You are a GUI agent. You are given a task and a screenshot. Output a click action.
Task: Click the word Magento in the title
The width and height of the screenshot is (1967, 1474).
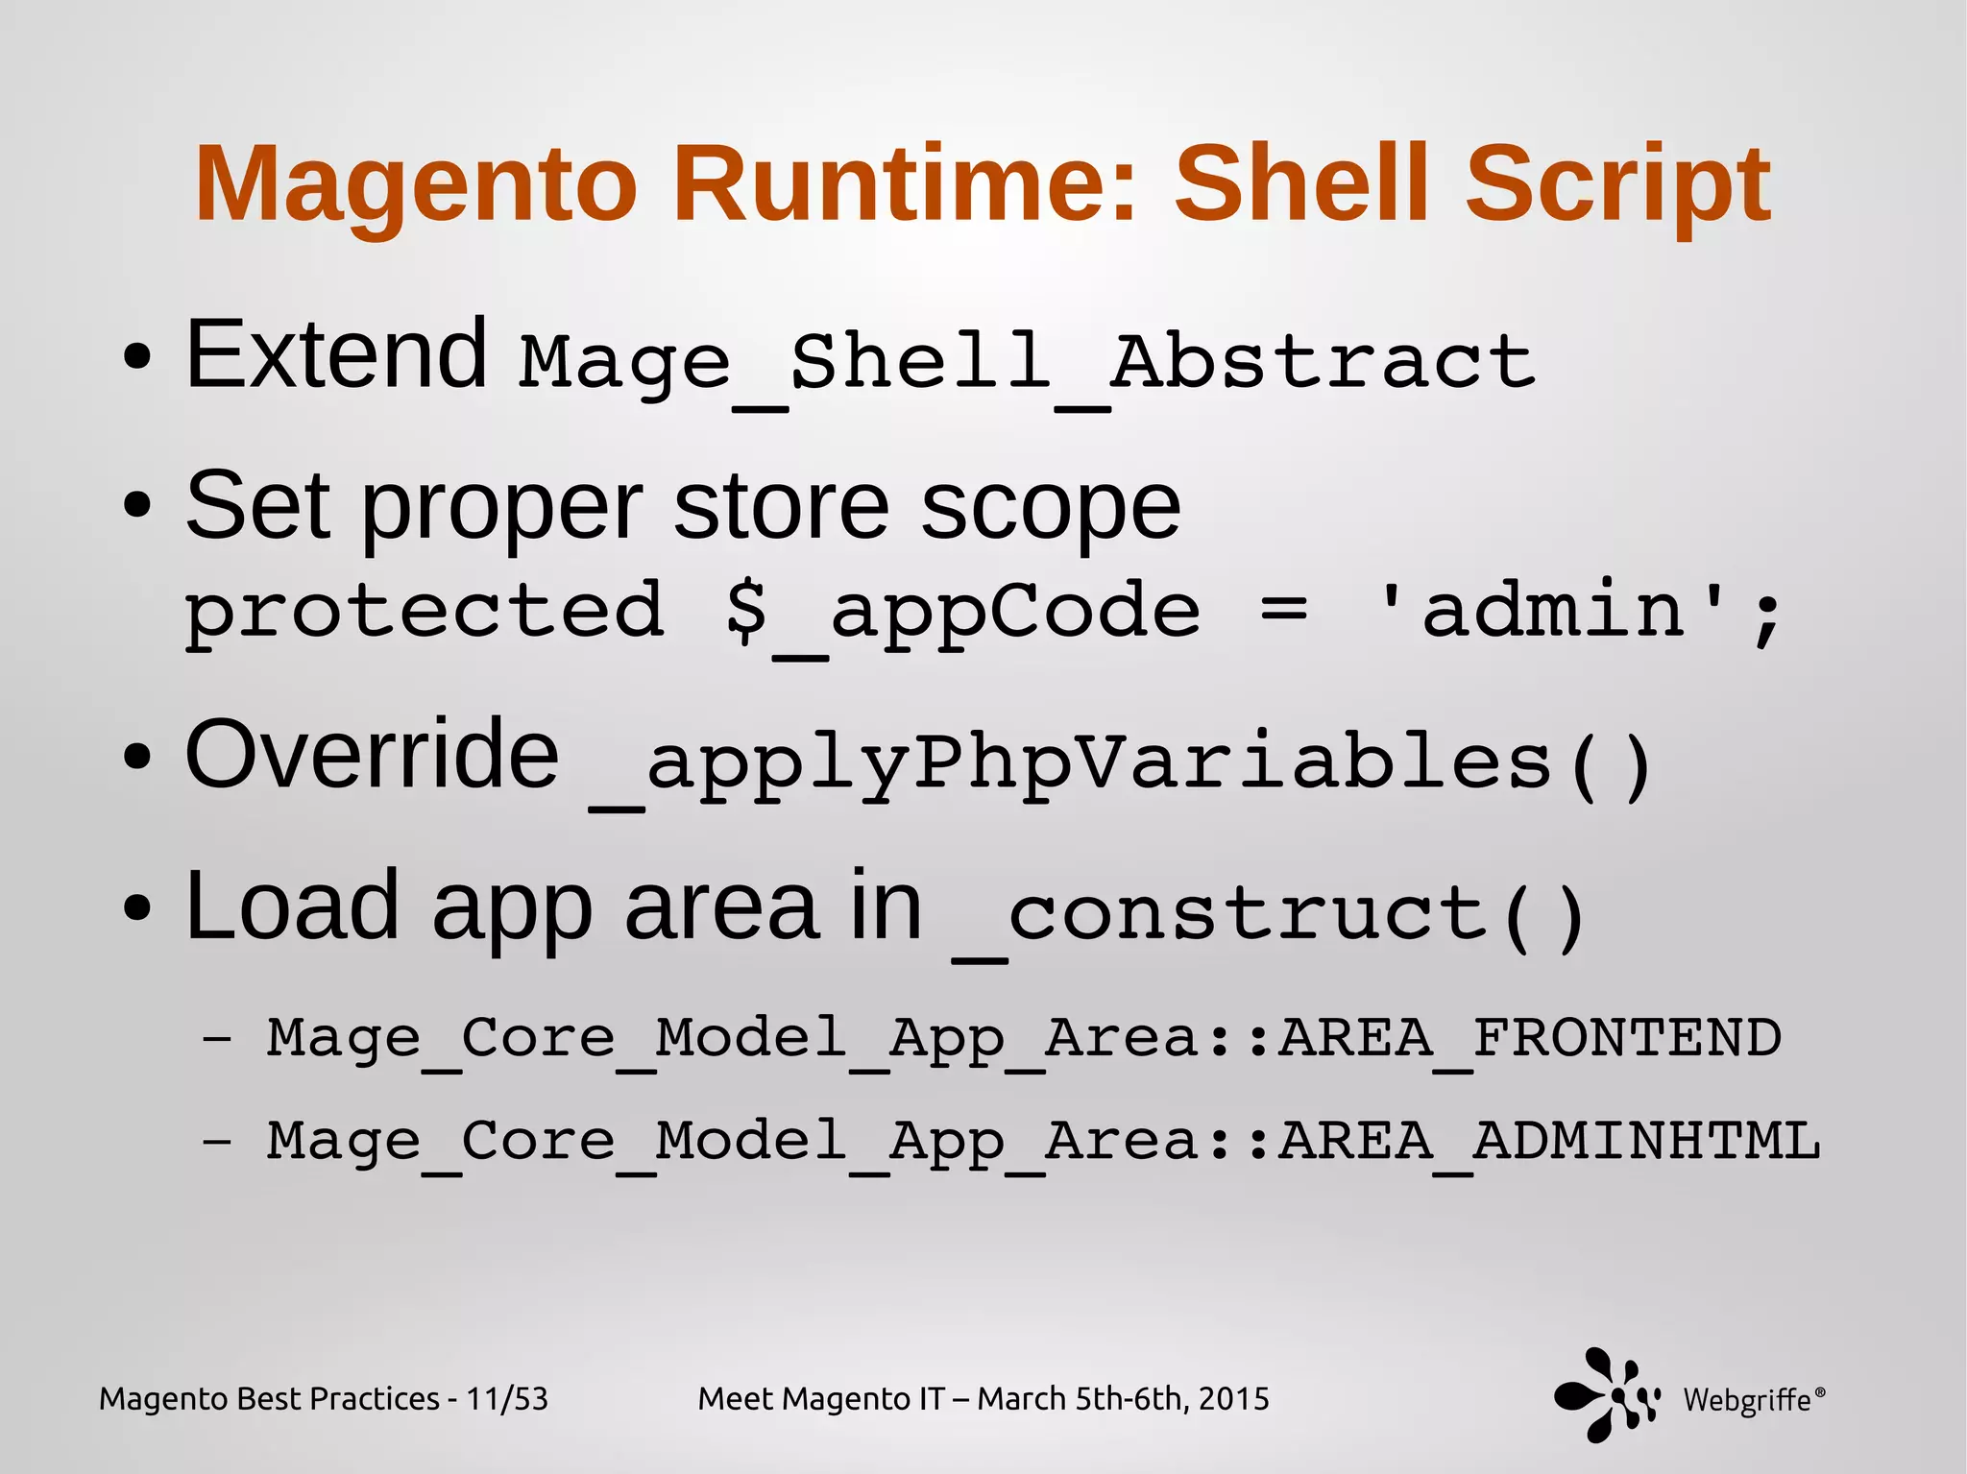[415, 184]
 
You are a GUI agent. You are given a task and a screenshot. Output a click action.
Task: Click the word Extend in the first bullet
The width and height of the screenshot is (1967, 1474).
[336, 355]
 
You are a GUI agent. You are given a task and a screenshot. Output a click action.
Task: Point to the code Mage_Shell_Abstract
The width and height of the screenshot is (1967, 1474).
[1026, 363]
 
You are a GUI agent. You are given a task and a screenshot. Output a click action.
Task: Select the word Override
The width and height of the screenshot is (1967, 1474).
[372, 755]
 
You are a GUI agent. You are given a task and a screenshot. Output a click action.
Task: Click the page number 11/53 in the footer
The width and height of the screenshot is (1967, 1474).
[506, 1399]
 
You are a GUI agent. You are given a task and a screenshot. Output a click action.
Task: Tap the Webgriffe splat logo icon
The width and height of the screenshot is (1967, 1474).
[1605, 1395]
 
